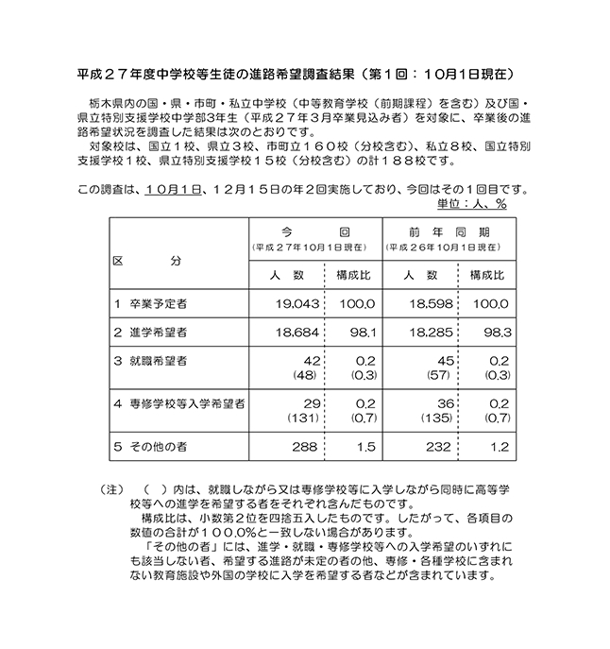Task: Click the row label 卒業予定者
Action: click(157, 305)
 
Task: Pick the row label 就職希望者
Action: click(157, 362)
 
